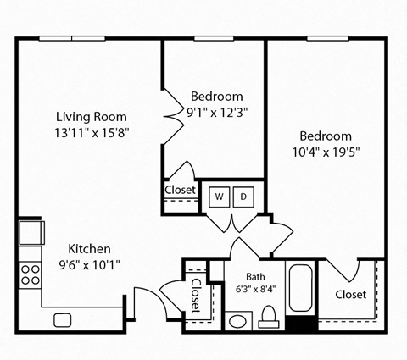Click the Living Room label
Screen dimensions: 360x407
(x=92, y=116)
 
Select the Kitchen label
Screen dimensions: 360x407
(x=90, y=249)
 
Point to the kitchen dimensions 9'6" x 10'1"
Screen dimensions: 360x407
(x=90, y=264)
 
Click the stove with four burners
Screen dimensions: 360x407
(x=31, y=274)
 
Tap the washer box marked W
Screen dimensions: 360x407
(x=220, y=197)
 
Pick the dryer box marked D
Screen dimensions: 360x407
(x=243, y=197)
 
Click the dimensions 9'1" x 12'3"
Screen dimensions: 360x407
(x=216, y=111)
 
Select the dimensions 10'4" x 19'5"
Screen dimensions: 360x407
(x=326, y=152)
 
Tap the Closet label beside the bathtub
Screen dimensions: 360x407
(x=350, y=295)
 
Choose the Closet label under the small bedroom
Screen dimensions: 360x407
(x=179, y=191)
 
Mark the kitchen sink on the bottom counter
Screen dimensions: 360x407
(x=62, y=319)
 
